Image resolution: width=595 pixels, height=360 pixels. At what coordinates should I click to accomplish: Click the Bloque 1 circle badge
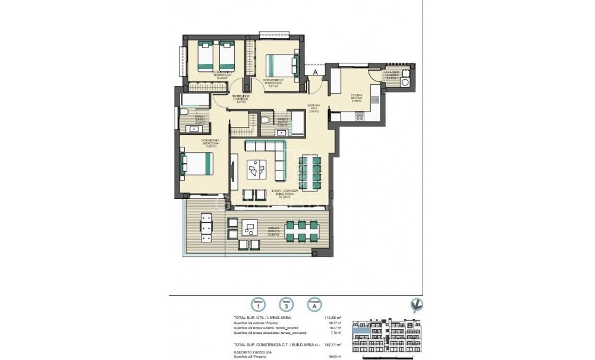(257, 305)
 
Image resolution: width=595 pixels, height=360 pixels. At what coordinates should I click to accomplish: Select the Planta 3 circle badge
(285, 305)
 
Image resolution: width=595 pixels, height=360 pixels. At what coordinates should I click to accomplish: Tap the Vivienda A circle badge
(314, 305)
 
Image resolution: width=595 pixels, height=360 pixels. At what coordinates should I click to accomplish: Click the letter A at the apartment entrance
(315, 72)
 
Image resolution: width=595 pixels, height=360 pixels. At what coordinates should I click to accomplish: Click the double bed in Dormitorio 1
(196, 165)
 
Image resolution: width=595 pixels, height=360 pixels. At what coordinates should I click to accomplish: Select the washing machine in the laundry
(406, 83)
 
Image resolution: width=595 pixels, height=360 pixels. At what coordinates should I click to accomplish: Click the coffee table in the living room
(256, 171)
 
